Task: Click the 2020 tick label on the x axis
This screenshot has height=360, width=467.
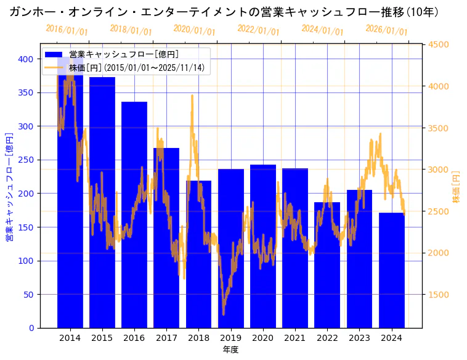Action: tap(263, 338)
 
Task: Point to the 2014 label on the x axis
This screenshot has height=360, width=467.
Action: tap(70, 338)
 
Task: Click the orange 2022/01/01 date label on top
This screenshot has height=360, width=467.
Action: tap(258, 30)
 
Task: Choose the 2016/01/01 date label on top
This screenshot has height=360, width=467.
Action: tap(67, 30)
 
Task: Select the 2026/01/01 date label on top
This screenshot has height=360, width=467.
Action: tap(386, 30)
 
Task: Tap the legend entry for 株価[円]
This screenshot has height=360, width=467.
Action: tap(136, 67)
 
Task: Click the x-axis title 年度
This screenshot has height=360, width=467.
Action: tap(230, 350)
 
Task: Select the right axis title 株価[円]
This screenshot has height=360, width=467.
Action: tap(457, 186)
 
